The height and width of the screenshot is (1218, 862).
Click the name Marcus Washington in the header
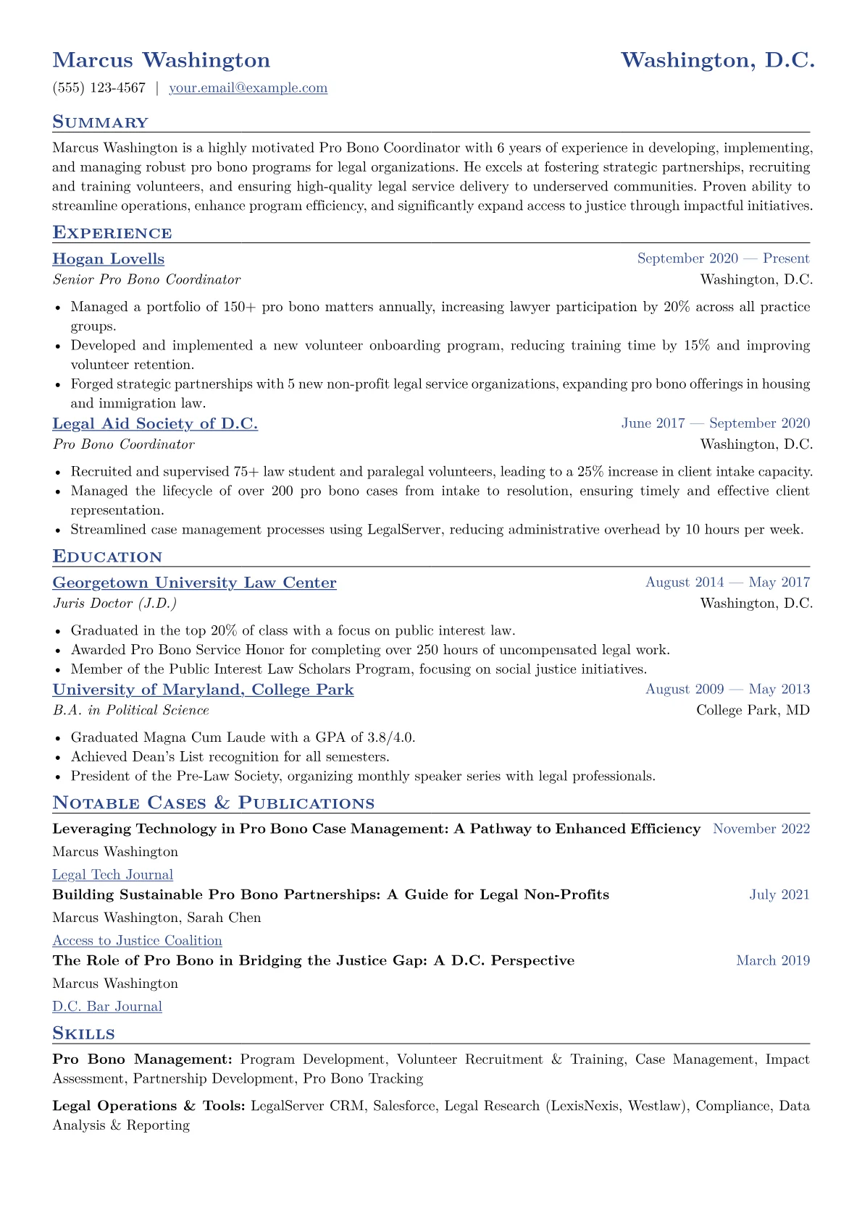tap(161, 60)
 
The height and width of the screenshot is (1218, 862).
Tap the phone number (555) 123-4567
tap(99, 88)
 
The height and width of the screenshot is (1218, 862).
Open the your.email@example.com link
tap(248, 88)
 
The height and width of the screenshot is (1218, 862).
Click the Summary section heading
tap(100, 122)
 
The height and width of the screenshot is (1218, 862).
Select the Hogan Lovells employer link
tap(109, 259)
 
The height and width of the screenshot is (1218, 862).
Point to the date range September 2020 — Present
tap(723, 259)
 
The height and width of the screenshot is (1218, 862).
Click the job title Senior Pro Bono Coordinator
tap(146, 279)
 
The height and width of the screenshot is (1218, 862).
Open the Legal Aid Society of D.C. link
tap(155, 424)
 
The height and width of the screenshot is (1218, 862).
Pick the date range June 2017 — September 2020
tap(715, 423)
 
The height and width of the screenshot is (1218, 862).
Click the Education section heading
tap(107, 557)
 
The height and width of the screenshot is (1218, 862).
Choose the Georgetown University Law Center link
tap(194, 583)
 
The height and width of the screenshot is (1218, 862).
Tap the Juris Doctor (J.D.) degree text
tap(114, 604)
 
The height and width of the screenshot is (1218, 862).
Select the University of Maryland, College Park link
tap(203, 690)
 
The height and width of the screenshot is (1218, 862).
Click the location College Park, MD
tap(753, 710)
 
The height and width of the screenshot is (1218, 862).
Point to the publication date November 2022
tap(761, 829)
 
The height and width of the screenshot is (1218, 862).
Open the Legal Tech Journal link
tap(112, 875)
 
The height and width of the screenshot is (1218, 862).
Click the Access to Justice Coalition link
tap(137, 941)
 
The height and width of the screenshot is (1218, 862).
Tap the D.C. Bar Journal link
tap(107, 1007)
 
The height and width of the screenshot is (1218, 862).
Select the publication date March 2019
tap(773, 961)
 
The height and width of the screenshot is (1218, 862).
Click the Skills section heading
tap(83, 1033)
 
